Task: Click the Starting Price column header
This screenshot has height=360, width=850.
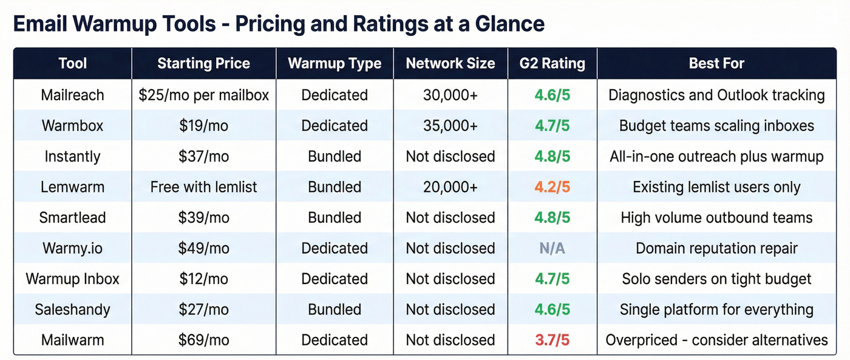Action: coord(203,63)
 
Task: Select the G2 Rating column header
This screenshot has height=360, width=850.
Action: coord(552,63)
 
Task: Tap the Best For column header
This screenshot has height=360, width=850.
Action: coord(716,63)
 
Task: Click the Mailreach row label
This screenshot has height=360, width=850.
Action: coord(73,95)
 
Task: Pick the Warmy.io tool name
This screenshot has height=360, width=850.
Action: coord(73,248)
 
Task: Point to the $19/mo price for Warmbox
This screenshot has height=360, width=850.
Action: coord(203,126)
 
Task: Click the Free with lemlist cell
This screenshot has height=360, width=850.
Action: coord(203,187)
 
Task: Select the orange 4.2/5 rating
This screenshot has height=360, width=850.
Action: coord(552,187)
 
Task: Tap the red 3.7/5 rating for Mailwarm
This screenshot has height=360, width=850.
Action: coord(552,340)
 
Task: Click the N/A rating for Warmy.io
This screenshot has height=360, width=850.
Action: coord(552,248)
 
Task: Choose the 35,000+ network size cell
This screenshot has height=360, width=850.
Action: coord(450,126)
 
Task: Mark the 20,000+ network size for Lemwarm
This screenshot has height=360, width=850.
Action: coord(450,187)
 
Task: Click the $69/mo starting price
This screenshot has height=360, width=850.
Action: coord(203,340)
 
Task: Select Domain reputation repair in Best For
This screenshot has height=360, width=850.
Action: coord(716,248)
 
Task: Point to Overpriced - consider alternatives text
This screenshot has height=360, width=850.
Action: coord(716,340)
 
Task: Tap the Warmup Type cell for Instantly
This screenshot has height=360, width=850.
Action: coord(335,156)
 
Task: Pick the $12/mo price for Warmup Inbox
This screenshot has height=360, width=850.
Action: coord(203,279)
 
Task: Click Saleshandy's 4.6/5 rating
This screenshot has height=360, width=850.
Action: coord(552,310)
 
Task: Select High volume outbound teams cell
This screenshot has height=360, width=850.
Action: coord(716,217)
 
